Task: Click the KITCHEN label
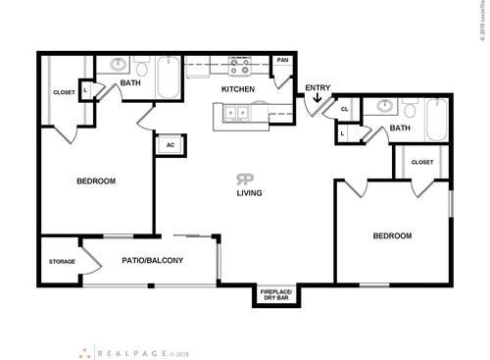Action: click(x=238, y=89)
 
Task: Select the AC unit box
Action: click(x=171, y=144)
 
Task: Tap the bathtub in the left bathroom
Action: click(x=168, y=78)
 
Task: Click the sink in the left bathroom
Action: click(x=119, y=67)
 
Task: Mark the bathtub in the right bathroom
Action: click(x=435, y=122)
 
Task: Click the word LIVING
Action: click(x=249, y=193)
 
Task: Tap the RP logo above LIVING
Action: click(x=242, y=179)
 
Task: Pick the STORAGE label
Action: click(x=62, y=262)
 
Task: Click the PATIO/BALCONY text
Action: click(x=149, y=260)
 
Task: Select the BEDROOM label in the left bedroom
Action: click(x=96, y=181)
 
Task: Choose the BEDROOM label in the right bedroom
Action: click(x=391, y=235)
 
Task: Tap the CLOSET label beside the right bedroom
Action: click(x=422, y=162)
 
